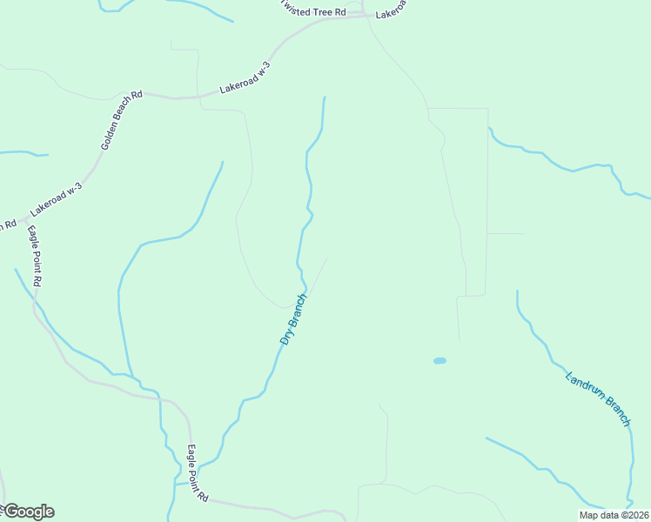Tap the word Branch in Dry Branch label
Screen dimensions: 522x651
[x=298, y=311]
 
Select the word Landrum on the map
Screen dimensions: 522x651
[x=583, y=389]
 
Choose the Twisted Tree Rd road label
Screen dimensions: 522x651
[x=313, y=10]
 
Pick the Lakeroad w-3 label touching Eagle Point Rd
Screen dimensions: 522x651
[x=56, y=199]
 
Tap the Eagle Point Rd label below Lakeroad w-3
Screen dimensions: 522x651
[x=34, y=256]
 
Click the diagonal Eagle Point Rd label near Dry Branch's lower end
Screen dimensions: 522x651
[x=198, y=474]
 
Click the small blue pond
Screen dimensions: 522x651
[x=440, y=360]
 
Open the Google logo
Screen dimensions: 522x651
[x=28, y=512]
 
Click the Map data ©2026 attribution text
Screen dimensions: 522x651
[x=613, y=515]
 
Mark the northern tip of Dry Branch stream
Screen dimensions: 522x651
[x=325, y=97]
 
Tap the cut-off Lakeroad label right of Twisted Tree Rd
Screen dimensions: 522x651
[x=390, y=12]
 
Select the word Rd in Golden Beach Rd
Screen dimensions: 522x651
[x=138, y=94]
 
